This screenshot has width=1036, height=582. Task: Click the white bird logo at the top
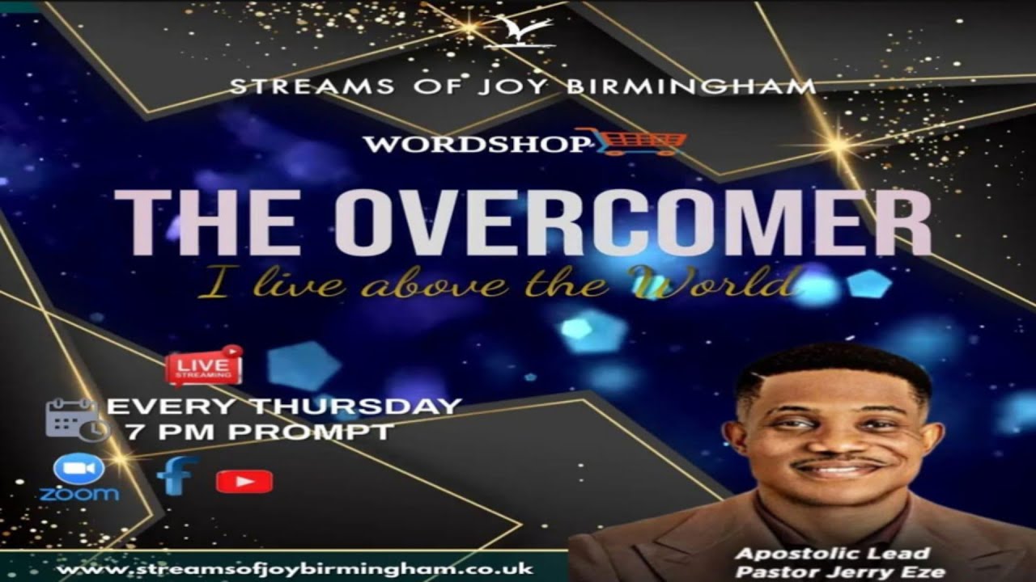pos(519,32)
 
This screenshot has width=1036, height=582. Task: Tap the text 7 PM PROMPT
pos(259,432)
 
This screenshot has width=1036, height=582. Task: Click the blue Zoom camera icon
pos(79,470)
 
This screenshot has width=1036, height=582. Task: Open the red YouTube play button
pos(244,482)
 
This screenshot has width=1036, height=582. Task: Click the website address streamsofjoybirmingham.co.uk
pos(296,569)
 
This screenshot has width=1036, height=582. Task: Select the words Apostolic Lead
pos(832,554)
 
